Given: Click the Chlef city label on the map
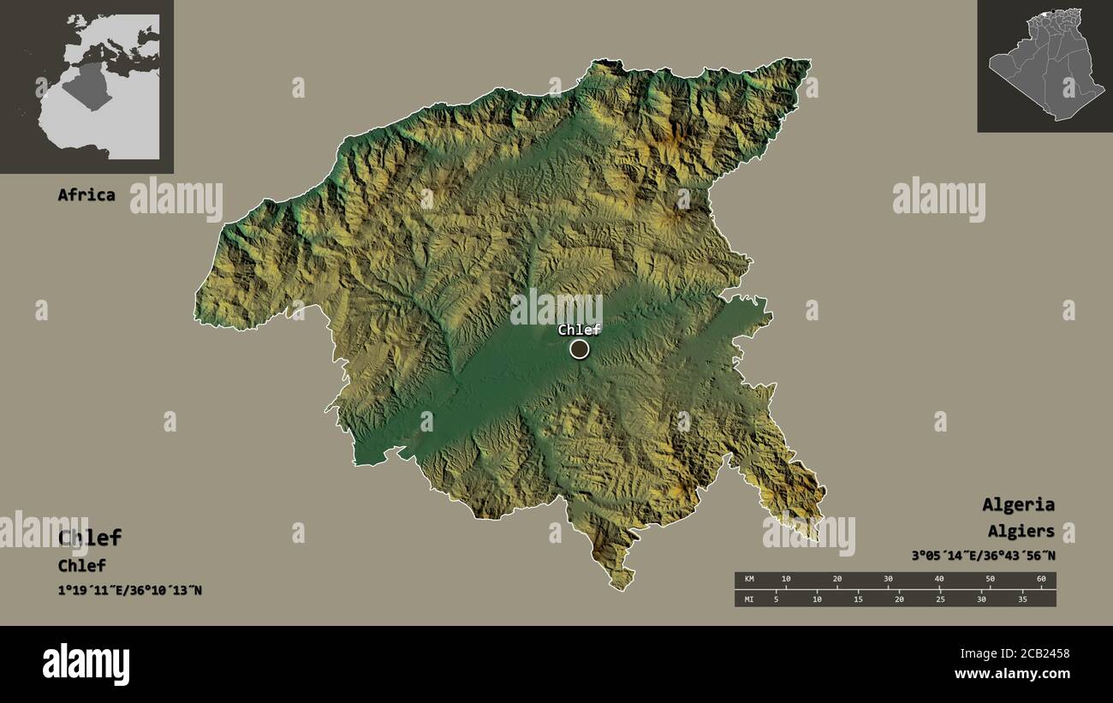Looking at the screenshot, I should point(579,330).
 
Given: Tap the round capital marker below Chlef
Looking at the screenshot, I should point(580,349).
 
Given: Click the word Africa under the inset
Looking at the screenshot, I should point(86,194).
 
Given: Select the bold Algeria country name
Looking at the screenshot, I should point(1018,504).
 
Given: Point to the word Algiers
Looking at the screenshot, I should point(1021,532).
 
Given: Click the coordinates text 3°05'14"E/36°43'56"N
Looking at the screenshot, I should point(983,556).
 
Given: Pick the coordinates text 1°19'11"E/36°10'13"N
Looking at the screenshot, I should point(130,590).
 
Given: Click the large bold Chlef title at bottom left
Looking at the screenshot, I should point(90,538).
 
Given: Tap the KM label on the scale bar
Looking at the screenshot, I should point(750,580).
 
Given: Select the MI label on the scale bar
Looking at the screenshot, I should point(750,599).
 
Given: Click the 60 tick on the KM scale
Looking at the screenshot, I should point(1041,580).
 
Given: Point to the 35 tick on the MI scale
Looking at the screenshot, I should point(1021,599).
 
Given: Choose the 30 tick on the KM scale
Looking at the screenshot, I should point(888,580).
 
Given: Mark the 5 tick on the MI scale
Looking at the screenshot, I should point(776,599).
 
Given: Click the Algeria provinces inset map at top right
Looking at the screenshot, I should point(1045,67).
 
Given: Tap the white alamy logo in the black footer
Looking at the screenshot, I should point(86,664).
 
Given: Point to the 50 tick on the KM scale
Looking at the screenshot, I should point(991,580).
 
